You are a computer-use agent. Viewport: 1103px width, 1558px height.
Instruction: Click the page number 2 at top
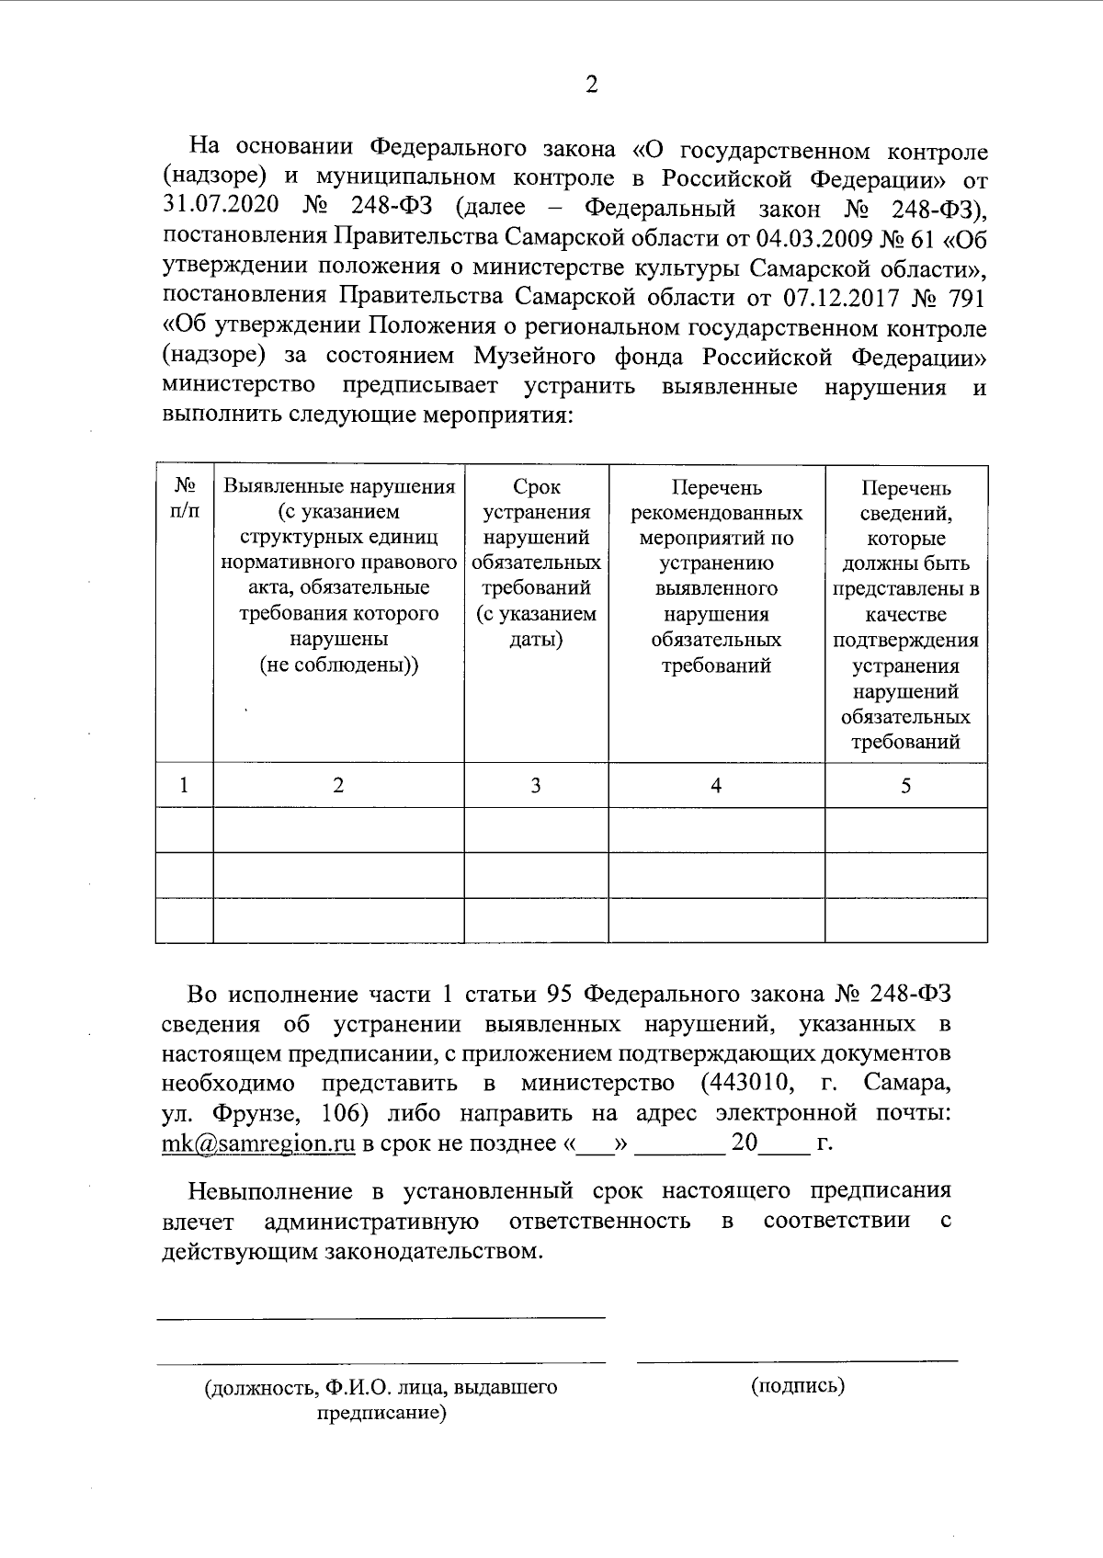pos(591,85)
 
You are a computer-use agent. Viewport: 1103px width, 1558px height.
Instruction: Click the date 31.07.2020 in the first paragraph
pos(222,208)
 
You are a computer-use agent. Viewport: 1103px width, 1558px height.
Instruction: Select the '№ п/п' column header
pos(184,497)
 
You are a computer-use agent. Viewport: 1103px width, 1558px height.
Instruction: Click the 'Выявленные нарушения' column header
pos(339,486)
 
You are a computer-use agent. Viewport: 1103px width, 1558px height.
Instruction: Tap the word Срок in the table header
pos(536,487)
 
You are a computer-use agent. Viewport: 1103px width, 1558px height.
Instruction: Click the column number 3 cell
pos(536,785)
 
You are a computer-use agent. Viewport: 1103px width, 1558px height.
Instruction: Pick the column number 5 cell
pos(906,785)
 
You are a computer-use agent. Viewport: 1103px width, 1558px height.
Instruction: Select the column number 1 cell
pos(184,785)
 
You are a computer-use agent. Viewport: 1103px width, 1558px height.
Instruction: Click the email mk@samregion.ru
pos(258,1144)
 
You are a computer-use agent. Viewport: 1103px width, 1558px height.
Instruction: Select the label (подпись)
pos(797,1385)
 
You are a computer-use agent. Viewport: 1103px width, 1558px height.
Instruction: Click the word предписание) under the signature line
pos(381,1413)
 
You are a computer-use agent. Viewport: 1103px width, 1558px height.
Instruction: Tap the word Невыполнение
pos(271,1191)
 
